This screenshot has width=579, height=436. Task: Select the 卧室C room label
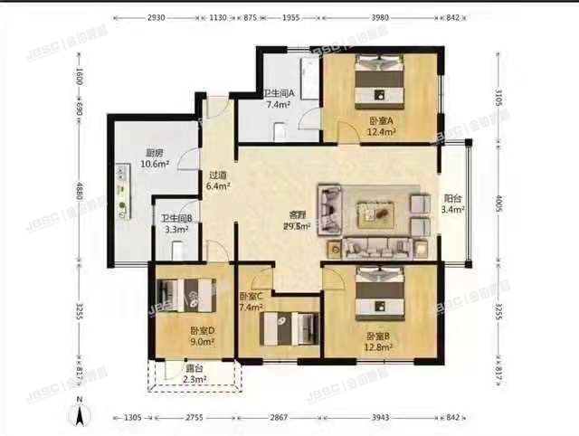252,302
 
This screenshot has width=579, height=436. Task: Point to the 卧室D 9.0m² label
201,336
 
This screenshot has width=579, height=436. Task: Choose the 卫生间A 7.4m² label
278,99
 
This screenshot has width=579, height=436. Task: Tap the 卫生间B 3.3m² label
177,223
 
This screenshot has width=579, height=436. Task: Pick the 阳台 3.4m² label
453,204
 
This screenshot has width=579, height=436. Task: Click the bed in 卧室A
378,81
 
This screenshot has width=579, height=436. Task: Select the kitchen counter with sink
123,185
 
